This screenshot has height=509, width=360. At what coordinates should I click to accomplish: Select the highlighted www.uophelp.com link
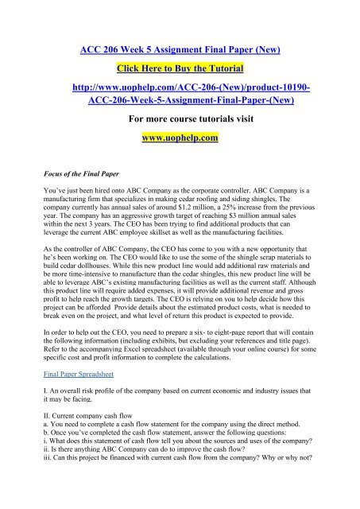coord(180,138)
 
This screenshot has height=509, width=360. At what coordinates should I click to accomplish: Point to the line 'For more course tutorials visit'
coord(180,120)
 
